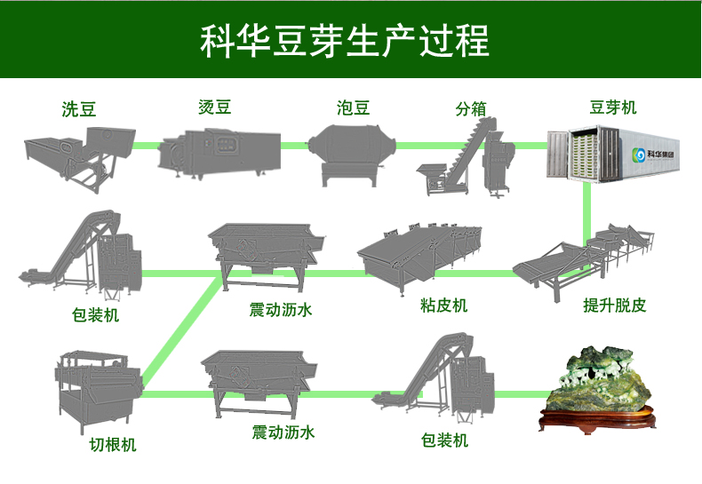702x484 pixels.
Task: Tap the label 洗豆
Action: (x=79, y=110)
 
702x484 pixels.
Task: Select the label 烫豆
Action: (x=214, y=107)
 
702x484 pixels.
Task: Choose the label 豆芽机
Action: (x=613, y=107)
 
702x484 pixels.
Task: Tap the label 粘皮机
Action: (x=443, y=306)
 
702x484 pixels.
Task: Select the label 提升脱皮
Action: (x=614, y=306)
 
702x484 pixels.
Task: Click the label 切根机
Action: (x=113, y=445)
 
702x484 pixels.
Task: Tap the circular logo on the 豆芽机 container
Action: (x=637, y=155)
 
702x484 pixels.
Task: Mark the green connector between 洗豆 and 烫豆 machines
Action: (x=148, y=145)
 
